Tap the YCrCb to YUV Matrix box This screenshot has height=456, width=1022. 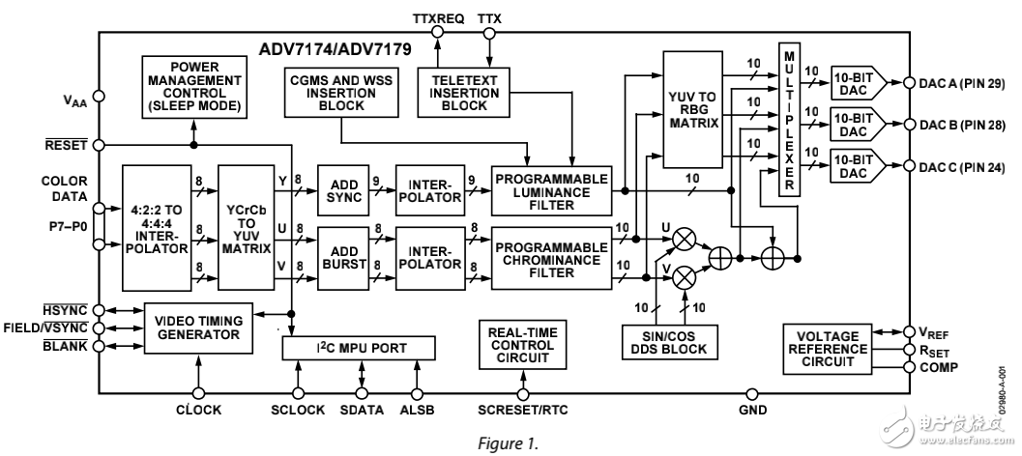248,226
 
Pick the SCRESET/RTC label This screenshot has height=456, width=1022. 523,410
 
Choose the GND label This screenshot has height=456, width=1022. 755,410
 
